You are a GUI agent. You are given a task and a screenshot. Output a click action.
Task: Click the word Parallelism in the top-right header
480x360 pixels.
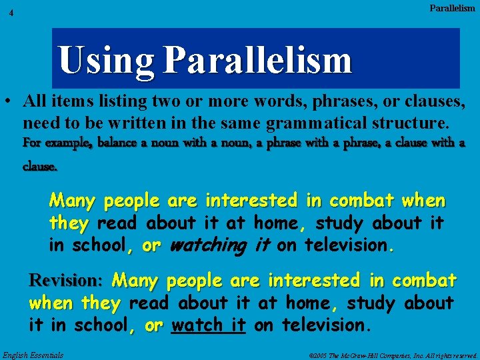pos(452,8)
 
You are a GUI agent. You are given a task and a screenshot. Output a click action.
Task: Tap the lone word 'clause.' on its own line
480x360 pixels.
pos(40,167)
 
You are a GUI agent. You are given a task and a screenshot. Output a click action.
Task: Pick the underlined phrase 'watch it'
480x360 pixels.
pos(209,325)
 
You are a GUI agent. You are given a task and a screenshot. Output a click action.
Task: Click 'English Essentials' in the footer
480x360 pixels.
pos(33,355)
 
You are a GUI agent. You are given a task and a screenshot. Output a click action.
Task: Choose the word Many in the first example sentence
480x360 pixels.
pos(72,201)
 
